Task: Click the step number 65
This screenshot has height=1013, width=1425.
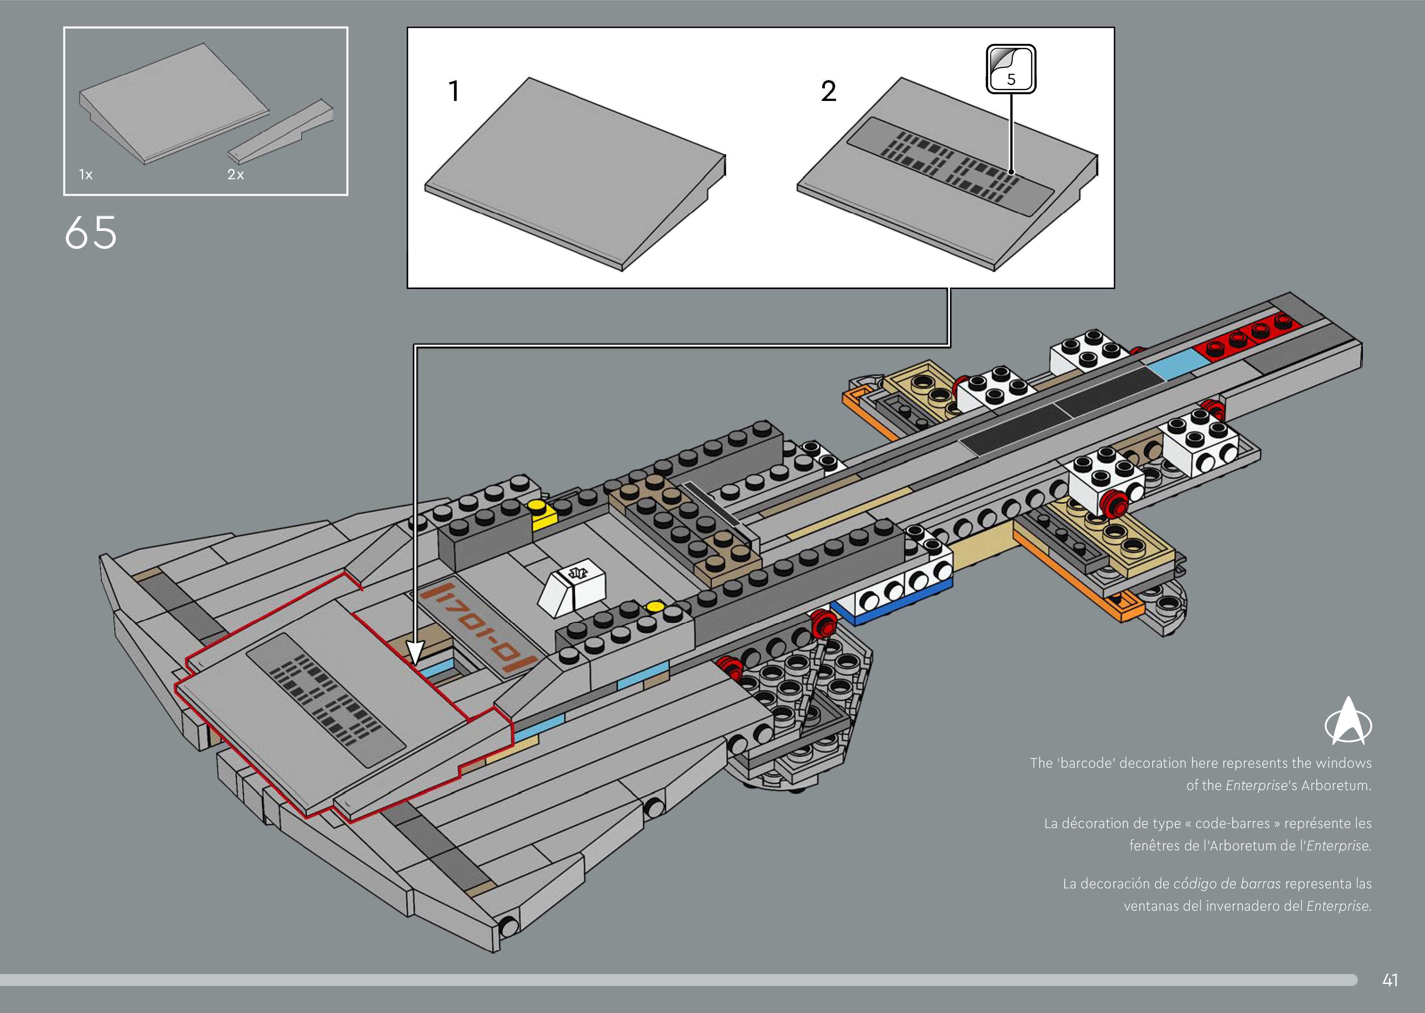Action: click(x=90, y=233)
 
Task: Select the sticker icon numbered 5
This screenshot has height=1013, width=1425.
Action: click(x=1011, y=69)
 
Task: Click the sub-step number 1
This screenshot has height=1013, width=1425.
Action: click(x=454, y=91)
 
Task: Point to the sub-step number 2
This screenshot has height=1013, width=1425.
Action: click(x=828, y=91)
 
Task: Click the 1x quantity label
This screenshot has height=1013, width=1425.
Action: click(x=85, y=175)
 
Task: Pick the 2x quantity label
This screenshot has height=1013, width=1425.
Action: click(x=235, y=175)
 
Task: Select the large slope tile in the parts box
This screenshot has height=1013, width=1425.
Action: click(x=174, y=103)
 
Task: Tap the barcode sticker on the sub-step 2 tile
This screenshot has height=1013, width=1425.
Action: click(x=950, y=166)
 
